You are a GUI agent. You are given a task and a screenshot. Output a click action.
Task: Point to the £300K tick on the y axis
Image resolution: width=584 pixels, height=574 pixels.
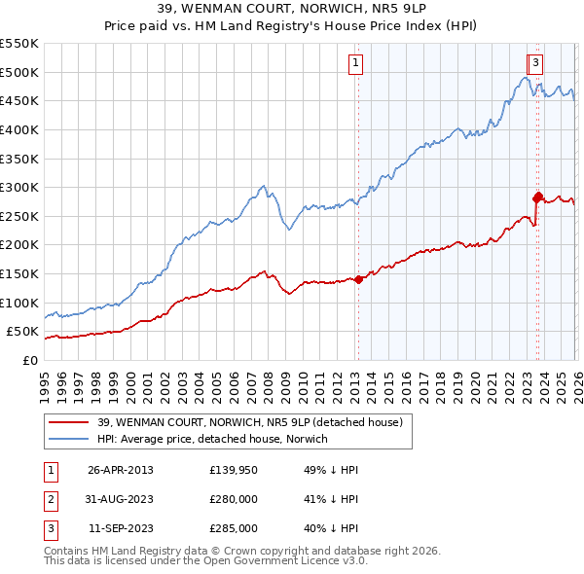click(x=19, y=187)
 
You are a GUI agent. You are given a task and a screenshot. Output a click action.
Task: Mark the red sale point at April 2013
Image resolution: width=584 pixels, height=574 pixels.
click(x=358, y=279)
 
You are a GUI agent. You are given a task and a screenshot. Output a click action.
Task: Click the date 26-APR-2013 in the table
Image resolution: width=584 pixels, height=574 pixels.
click(x=121, y=470)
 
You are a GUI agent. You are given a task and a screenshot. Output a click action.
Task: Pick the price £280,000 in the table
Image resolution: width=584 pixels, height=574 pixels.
click(x=234, y=499)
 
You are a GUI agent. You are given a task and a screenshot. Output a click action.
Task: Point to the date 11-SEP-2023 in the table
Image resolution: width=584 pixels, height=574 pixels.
click(x=121, y=528)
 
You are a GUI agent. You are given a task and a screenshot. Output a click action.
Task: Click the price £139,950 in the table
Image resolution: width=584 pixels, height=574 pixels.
click(x=234, y=470)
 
